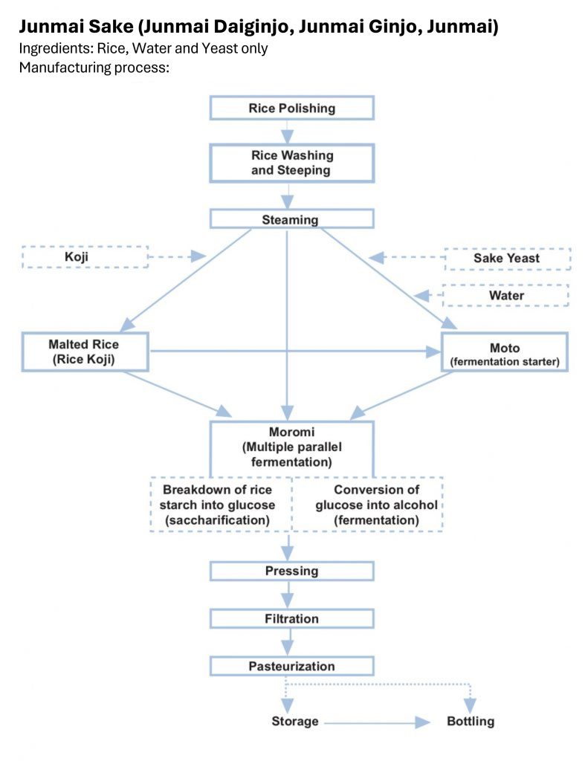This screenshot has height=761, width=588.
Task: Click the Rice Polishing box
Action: point(292,108)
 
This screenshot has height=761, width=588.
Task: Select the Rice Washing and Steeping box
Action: point(292,163)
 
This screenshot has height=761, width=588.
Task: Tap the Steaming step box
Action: point(292,219)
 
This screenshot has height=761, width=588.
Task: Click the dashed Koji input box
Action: point(85,256)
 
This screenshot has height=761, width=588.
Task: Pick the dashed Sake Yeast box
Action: point(508,259)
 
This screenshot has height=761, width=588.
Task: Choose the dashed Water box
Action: point(505,296)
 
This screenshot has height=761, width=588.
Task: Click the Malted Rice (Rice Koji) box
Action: point(85,352)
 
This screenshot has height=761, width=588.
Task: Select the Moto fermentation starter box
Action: point(505,352)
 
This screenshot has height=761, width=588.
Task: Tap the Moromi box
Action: point(292,448)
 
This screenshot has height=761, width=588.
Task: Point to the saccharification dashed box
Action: point(221,505)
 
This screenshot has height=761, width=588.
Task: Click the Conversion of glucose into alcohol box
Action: point(367,505)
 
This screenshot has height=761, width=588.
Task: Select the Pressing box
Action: point(292,571)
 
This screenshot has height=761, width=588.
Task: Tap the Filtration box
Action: point(292,619)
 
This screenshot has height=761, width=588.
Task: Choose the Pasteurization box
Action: point(292,667)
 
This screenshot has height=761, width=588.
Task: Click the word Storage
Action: point(295,722)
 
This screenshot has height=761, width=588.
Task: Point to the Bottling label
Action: point(471,722)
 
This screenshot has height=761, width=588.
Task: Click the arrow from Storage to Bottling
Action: point(378,723)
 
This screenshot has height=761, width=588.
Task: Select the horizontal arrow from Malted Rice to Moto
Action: point(295,352)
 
